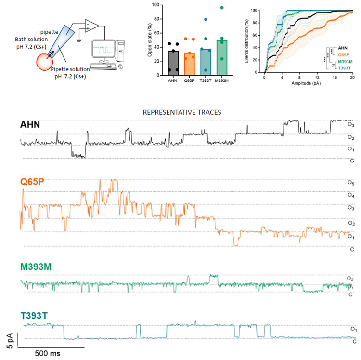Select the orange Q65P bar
click(189, 65)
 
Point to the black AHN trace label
click(30, 125)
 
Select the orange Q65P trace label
click(32, 182)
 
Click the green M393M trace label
click(37, 267)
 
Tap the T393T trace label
click(35, 316)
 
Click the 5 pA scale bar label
click(7, 340)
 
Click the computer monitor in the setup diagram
click(109, 48)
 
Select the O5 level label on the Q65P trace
click(351, 183)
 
